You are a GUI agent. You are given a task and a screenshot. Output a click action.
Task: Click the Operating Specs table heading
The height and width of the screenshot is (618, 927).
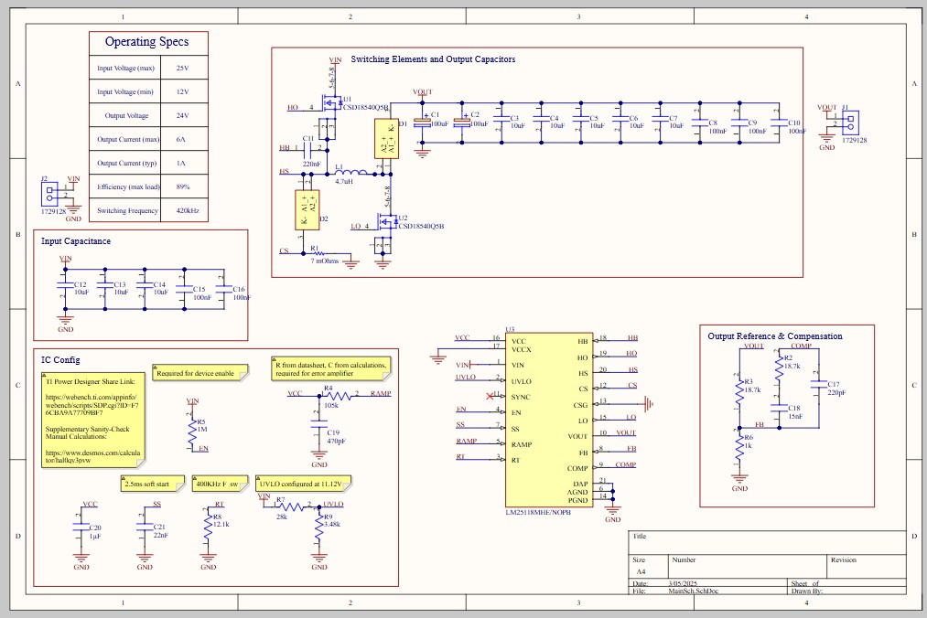tap(146, 42)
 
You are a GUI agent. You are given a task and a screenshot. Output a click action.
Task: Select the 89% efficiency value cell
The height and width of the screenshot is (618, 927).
tap(182, 186)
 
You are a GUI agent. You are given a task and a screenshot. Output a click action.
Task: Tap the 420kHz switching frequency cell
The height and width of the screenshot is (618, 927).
tap(189, 210)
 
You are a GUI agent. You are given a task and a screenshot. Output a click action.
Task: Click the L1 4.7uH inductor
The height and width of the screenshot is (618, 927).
tap(351, 173)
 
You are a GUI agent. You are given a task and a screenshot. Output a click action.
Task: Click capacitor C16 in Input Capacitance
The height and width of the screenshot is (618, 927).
tap(222, 289)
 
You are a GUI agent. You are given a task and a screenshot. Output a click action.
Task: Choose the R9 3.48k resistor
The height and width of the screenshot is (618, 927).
tap(318, 527)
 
